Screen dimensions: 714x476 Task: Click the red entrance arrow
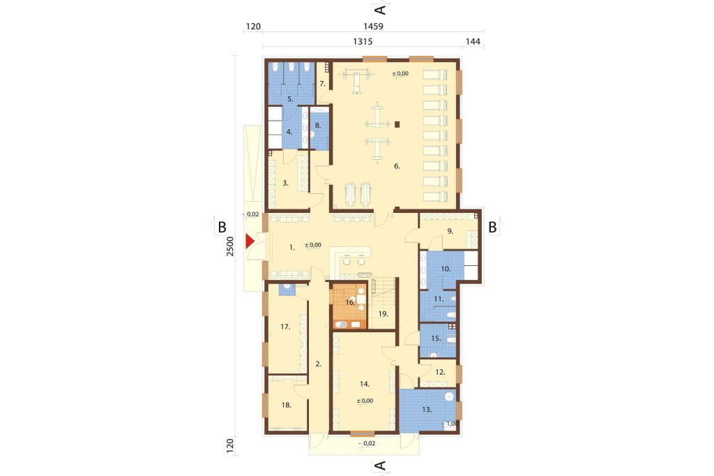point(250,241)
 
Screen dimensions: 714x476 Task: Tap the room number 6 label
point(397,166)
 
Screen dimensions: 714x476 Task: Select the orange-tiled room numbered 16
point(349,306)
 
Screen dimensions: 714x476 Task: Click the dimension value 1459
point(373,27)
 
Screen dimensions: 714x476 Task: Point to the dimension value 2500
point(230,246)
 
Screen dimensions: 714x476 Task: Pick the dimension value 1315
point(363,41)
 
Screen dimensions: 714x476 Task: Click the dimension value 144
point(473,41)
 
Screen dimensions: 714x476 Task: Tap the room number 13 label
point(427,410)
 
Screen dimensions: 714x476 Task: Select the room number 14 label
point(364,384)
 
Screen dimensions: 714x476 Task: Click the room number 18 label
point(287,405)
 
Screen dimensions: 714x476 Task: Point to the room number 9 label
point(450,231)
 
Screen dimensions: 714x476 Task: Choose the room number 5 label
point(290,98)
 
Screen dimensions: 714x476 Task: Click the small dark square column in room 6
point(397,124)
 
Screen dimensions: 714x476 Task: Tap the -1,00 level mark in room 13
point(450,424)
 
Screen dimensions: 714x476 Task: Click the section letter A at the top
point(380,10)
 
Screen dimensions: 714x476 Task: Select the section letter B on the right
point(492,227)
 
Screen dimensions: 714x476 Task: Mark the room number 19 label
point(383,313)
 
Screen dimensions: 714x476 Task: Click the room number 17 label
point(285,327)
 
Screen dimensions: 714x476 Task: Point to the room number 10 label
point(446,269)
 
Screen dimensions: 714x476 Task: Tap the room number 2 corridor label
point(318,364)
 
